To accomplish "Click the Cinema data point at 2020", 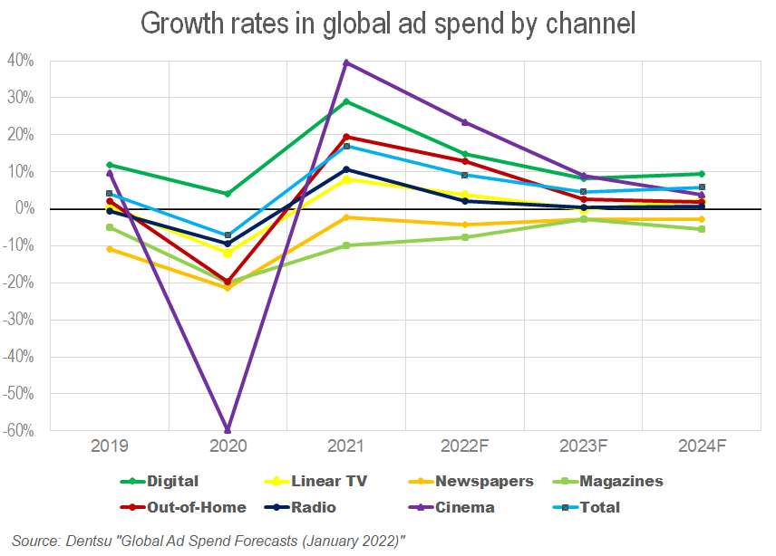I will (x=228, y=429).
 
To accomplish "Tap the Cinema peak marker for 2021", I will (x=346, y=62).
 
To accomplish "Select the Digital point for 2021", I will (x=346, y=101).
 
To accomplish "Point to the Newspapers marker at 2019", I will (x=110, y=249).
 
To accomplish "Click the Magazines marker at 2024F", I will (x=702, y=229).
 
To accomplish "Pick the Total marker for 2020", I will (x=228, y=235).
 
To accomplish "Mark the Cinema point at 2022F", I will (x=465, y=122).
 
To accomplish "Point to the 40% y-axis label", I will (x=21, y=61).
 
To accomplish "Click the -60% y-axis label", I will (x=19, y=430).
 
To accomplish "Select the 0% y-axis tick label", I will (x=24, y=208).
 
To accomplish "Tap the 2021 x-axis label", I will (x=346, y=446).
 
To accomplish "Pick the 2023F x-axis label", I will (x=583, y=446).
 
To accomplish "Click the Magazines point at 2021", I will (x=346, y=245).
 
